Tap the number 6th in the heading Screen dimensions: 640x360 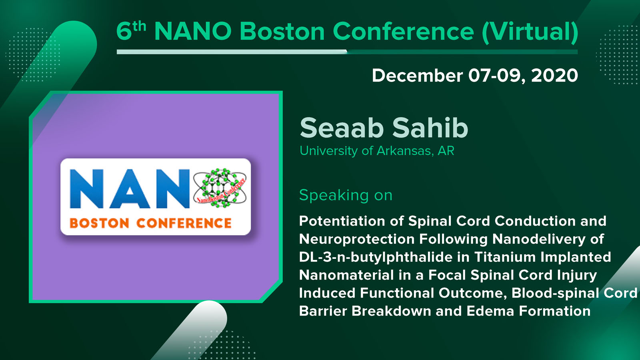131,30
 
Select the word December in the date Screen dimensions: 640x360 417,76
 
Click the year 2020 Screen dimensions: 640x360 554,76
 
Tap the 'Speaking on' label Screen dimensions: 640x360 346,196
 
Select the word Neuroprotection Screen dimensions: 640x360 356,239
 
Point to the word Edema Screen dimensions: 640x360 490,311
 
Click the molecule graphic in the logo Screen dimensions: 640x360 220,188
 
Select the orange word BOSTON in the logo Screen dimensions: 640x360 100,223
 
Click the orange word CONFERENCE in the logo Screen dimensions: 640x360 184,223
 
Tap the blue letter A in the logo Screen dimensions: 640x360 130,188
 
